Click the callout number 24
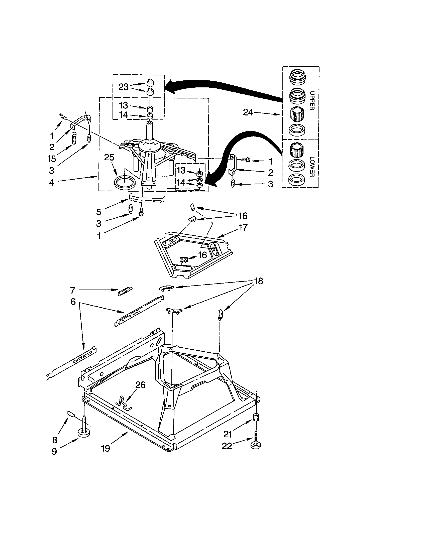click(248, 112)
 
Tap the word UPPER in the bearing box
click(312, 100)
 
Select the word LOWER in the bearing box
click(312, 167)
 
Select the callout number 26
click(140, 385)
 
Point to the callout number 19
click(105, 448)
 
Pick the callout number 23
click(124, 87)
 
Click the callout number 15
click(51, 159)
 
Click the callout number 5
click(98, 212)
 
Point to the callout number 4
click(51, 183)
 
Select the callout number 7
click(73, 290)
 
